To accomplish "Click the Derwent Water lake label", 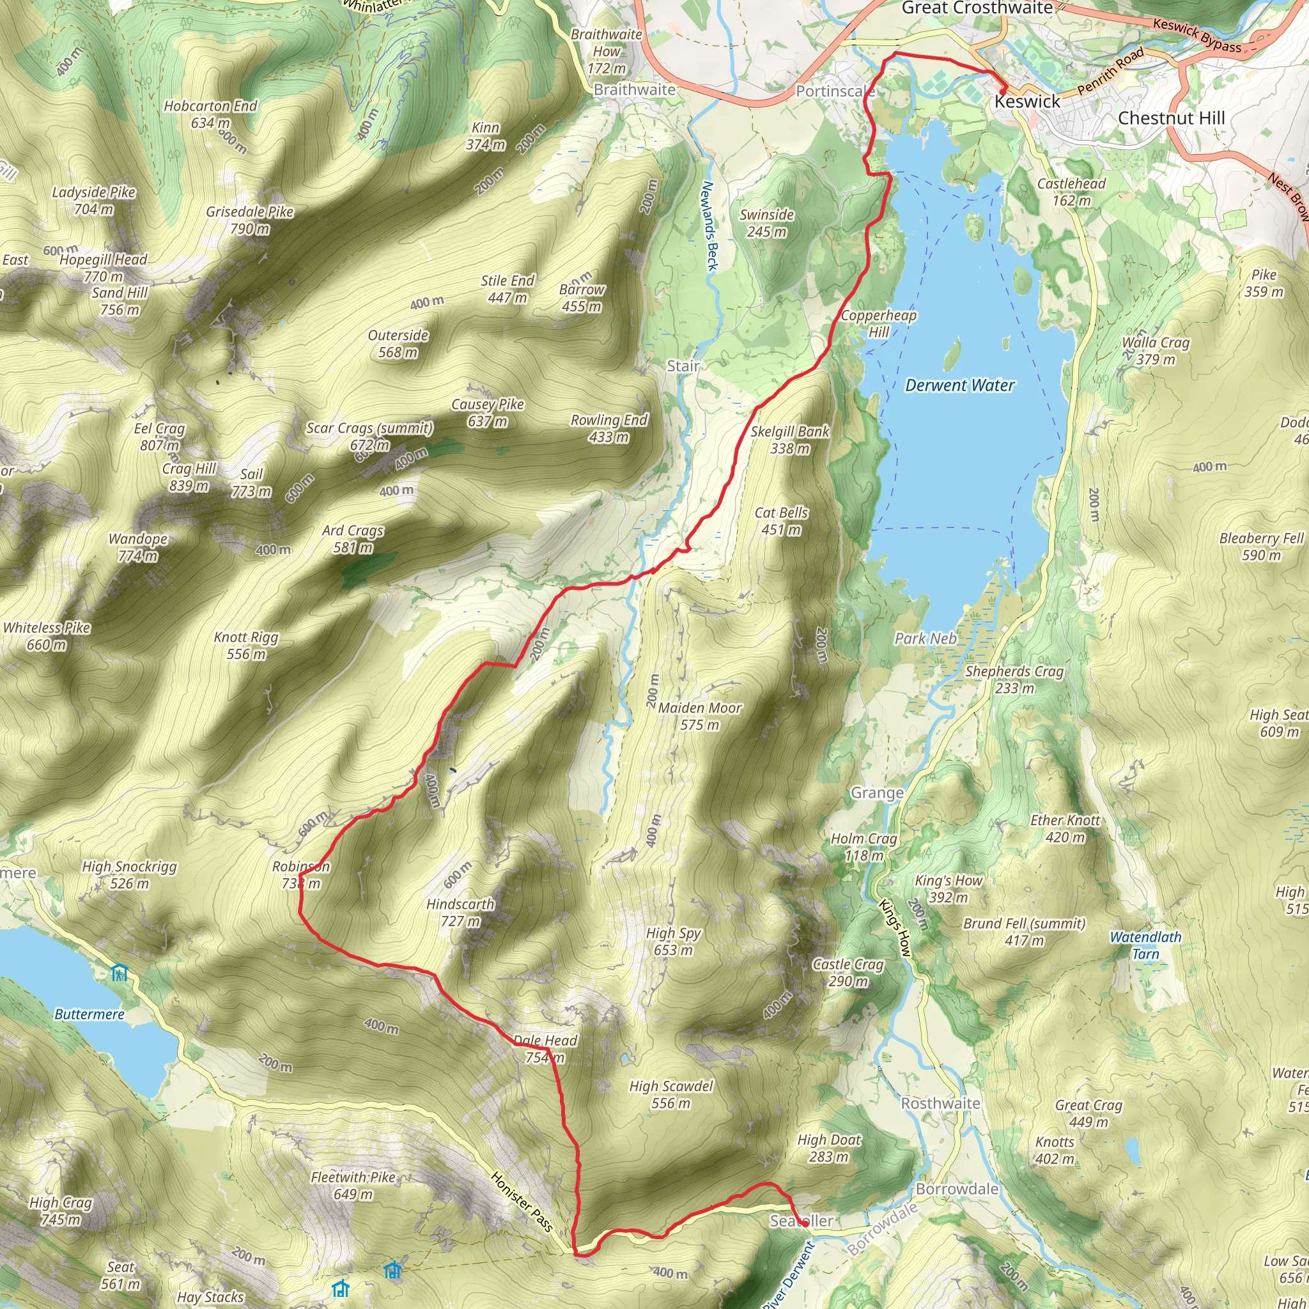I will click(x=959, y=385).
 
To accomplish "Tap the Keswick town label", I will click(x=1026, y=102).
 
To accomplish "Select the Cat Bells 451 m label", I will click(x=781, y=521).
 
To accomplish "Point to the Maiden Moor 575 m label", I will click(x=700, y=716).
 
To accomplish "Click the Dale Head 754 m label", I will click(x=545, y=1048).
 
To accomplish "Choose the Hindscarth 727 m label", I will click(x=461, y=913).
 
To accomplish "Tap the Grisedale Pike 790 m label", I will click(x=249, y=221).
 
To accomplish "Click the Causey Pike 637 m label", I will click(x=488, y=413).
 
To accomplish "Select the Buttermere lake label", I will click(x=89, y=1014).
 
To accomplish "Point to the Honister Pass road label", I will click(x=522, y=1201).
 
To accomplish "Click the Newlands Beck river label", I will click(x=708, y=226).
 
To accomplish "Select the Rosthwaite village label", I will click(x=940, y=1103).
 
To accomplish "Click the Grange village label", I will click(x=877, y=793).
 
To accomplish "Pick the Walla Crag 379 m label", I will click(x=1155, y=350).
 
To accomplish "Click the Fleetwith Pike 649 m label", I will click(x=353, y=1185).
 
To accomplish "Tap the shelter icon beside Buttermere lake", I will click(x=120, y=973).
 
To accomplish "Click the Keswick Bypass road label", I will click(x=1197, y=35).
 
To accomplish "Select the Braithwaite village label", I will click(x=634, y=89).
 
